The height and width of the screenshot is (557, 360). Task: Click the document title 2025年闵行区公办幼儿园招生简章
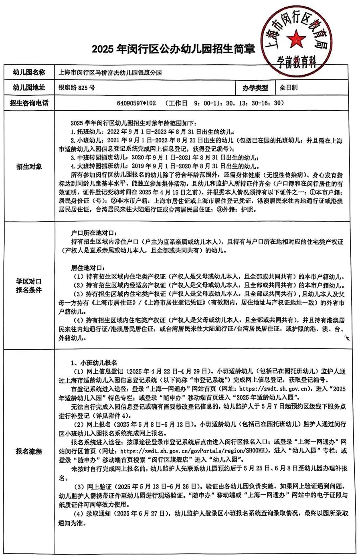pyautogui.click(x=173, y=49)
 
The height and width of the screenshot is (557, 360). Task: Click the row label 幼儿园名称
pyautogui.click(x=29, y=73)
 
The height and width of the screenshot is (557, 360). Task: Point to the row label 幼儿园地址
pyautogui.click(x=29, y=87)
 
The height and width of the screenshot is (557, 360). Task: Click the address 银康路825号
pyautogui.click(x=77, y=87)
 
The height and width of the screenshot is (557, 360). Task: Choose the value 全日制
pyautogui.click(x=288, y=87)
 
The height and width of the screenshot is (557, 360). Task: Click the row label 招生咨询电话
pyautogui.click(x=29, y=103)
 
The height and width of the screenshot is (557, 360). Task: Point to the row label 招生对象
pyautogui.click(x=29, y=166)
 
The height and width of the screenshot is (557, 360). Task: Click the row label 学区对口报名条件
pyautogui.click(x=29, y=286)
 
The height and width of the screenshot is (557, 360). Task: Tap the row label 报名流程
pyautogui.click(x=29, y=451)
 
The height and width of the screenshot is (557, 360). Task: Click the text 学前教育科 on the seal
pyautogui.click(x=297, y=63)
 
